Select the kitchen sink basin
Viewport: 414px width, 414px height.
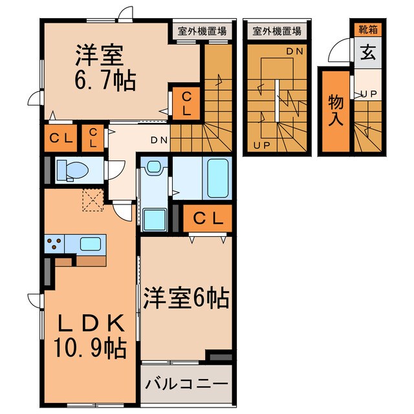coord(90,244)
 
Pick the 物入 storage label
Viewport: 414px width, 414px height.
coord(335,112)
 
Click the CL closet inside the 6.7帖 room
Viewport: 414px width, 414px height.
coord(186,103)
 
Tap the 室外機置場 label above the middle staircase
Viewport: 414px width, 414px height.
coord(277,30)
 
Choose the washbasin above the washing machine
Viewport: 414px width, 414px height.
coord(153,168)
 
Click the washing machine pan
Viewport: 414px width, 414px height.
coord(154,217)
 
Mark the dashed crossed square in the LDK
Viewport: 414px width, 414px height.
coord(93,201)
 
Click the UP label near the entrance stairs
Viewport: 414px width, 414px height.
coord(369,94)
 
